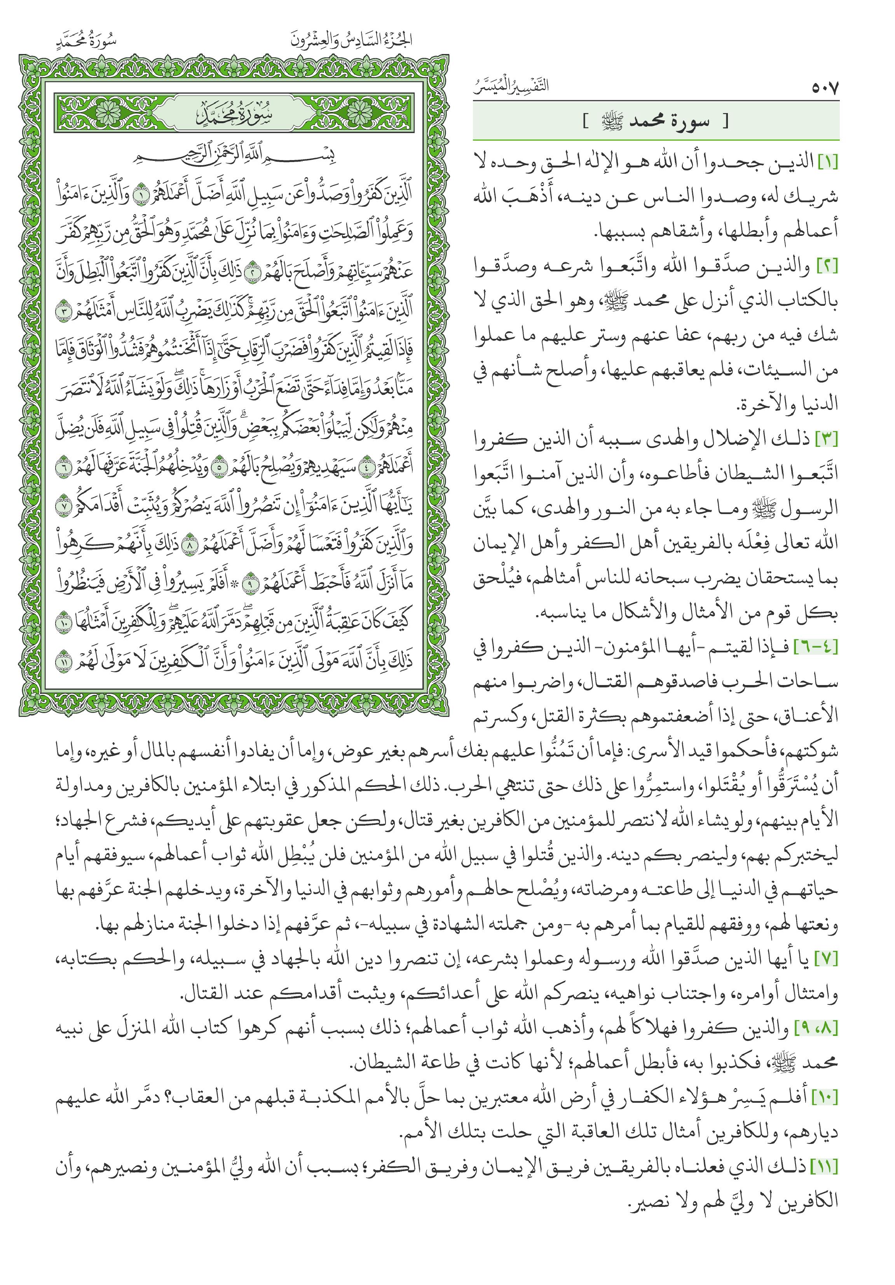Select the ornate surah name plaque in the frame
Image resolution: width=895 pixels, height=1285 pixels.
234,114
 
